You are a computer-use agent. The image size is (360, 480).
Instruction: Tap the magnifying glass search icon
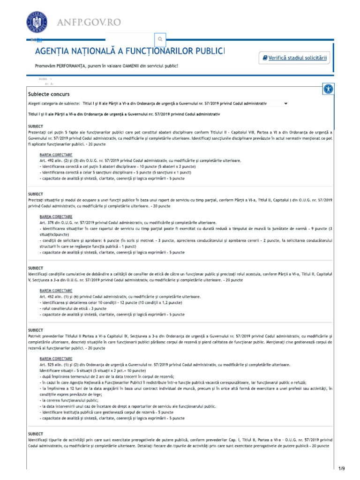(160, 39)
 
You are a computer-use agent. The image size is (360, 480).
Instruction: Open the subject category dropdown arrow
(286, 103)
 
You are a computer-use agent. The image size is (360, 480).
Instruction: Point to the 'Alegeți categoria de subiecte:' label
(53, 103)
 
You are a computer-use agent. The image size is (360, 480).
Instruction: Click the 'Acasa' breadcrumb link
(43, 80)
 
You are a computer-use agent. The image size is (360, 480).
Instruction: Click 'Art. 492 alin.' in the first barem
(53, 161)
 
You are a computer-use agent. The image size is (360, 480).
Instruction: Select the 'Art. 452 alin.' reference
(53, 297)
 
